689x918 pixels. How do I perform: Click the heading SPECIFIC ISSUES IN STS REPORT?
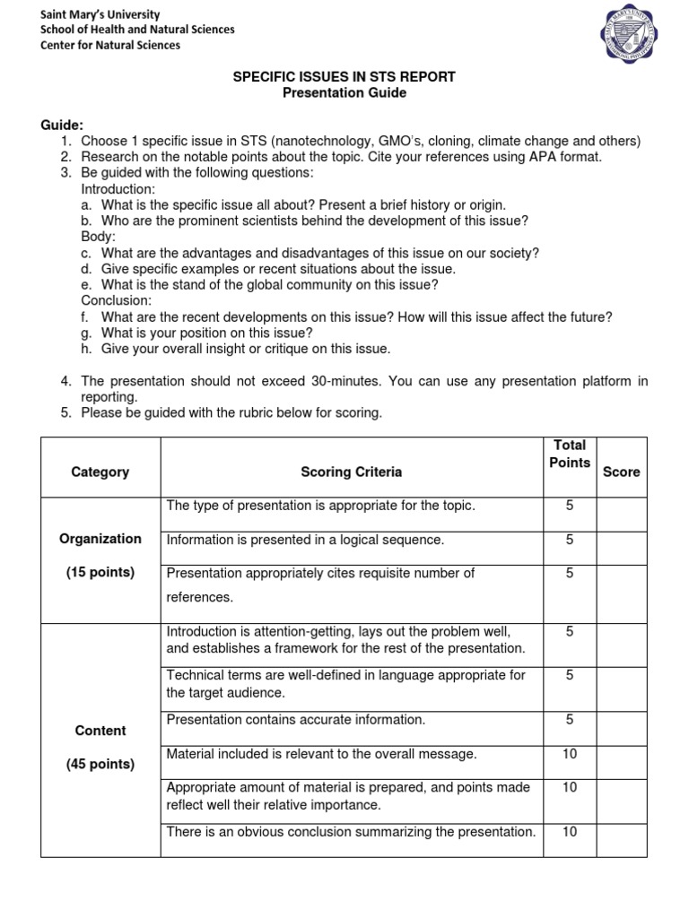tap(344, 77)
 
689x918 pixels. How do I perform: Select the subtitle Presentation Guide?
tap(344, 93)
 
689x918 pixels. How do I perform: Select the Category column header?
tap(100, 472)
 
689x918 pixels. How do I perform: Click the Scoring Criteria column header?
tap(352, 472)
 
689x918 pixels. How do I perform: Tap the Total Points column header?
tap(570, 454)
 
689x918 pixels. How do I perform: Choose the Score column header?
tap(622, 472)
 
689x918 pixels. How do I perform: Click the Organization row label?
tap(100, 539)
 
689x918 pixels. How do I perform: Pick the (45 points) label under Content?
tap(100, 764)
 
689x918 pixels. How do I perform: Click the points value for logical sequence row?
tap(570, 540)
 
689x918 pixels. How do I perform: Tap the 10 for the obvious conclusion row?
tap(570, 831)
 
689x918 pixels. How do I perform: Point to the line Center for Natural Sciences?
tap(110, 45)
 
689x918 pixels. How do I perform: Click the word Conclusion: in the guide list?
tap(117, 300)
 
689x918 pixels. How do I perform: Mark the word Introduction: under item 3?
tap(118, 189)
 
